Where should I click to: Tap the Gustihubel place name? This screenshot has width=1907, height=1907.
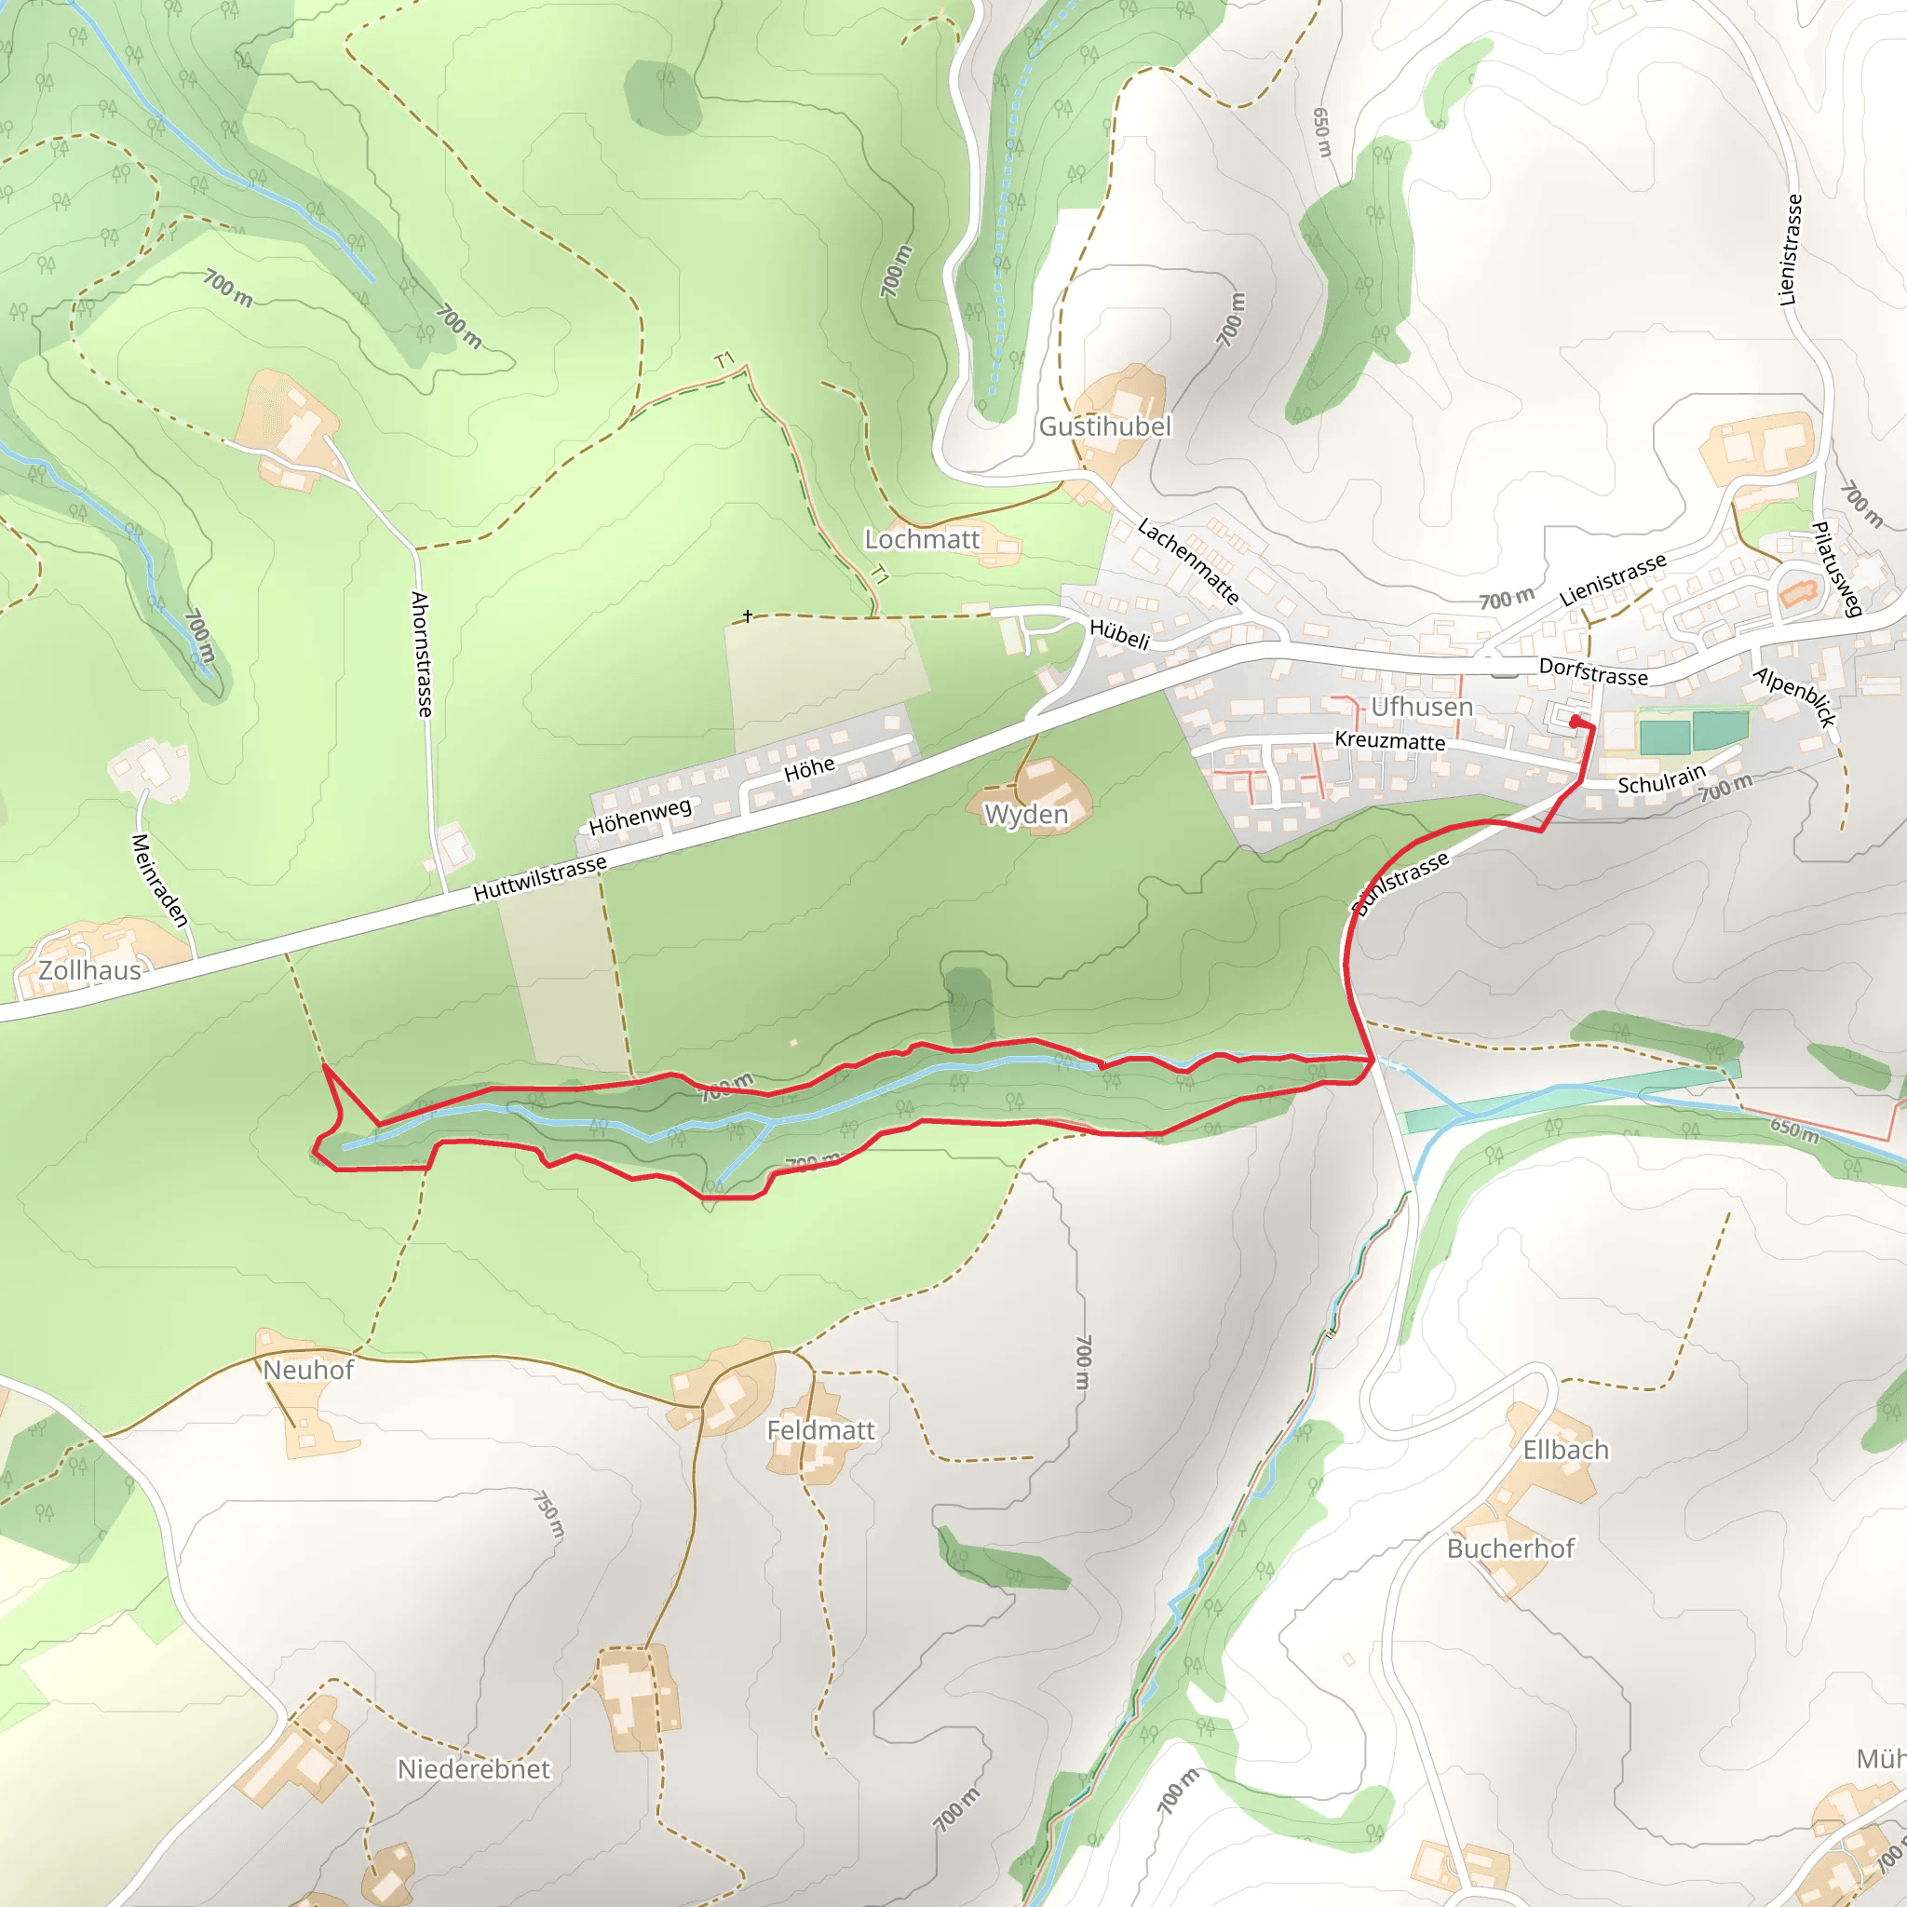click(1104, 426)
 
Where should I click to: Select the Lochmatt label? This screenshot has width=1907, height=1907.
click(922, 539)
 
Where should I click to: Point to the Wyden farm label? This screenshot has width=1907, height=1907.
click(1026, 815)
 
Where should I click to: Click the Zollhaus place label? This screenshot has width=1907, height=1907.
click(89, 970)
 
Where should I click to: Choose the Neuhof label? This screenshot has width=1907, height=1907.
click(308, 1370)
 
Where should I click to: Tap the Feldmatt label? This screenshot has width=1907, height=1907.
click(821, 1430)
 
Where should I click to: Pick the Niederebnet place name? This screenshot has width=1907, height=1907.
click(474, 1769)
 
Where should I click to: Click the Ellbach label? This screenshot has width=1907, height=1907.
click(1565, 1450)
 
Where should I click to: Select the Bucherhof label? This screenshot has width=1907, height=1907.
click(1510, 1549)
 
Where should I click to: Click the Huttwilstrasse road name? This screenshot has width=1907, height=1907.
click(540, 878)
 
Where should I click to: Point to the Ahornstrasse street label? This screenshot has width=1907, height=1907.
click(422, 654)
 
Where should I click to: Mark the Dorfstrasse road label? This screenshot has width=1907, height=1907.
click(1593, 672)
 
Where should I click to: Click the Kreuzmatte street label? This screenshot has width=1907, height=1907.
click(1390, 740)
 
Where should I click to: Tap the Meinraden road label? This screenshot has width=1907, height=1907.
click(159, 881)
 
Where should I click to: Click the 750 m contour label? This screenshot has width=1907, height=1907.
click(549, 1515)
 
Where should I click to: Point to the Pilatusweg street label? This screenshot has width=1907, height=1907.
click(1836, 569)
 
